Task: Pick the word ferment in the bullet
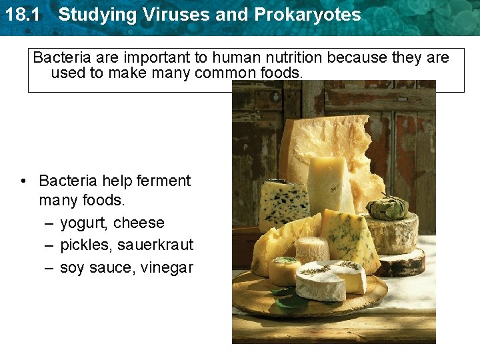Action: [x=163, y=181]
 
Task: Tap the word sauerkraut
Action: [x=155, y=245]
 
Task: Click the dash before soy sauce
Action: [x=49, y=268]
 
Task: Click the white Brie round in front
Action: [x=330, y=280]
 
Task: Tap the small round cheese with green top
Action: [x=284, y=271]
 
